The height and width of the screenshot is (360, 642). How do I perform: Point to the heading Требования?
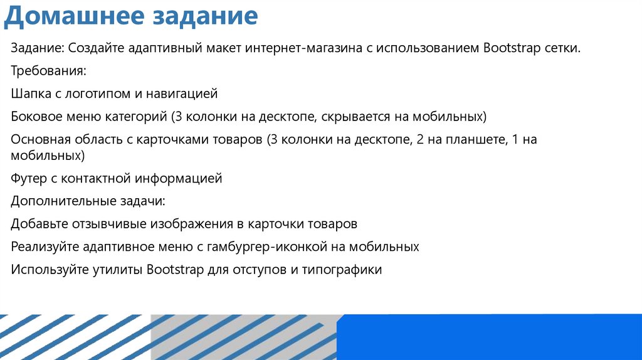click(48, 71)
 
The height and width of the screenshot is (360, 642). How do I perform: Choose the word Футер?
click(28, 179)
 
